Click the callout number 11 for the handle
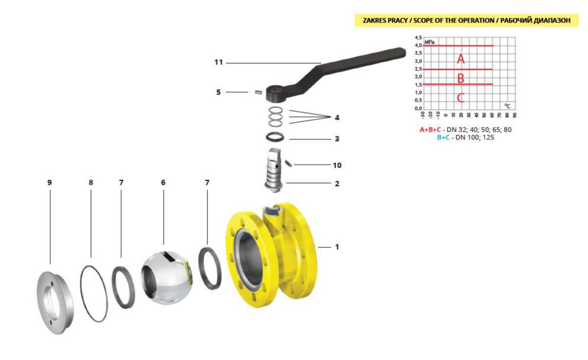click(219, 62)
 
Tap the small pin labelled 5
click(259, 92)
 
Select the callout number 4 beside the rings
click(337, 118)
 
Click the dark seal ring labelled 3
click(275, 137)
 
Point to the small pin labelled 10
click(289, 163)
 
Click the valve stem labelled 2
click(274, 170)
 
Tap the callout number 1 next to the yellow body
click(337, 247)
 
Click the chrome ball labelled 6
click(167, 278)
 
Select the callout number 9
click(49, 182)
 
